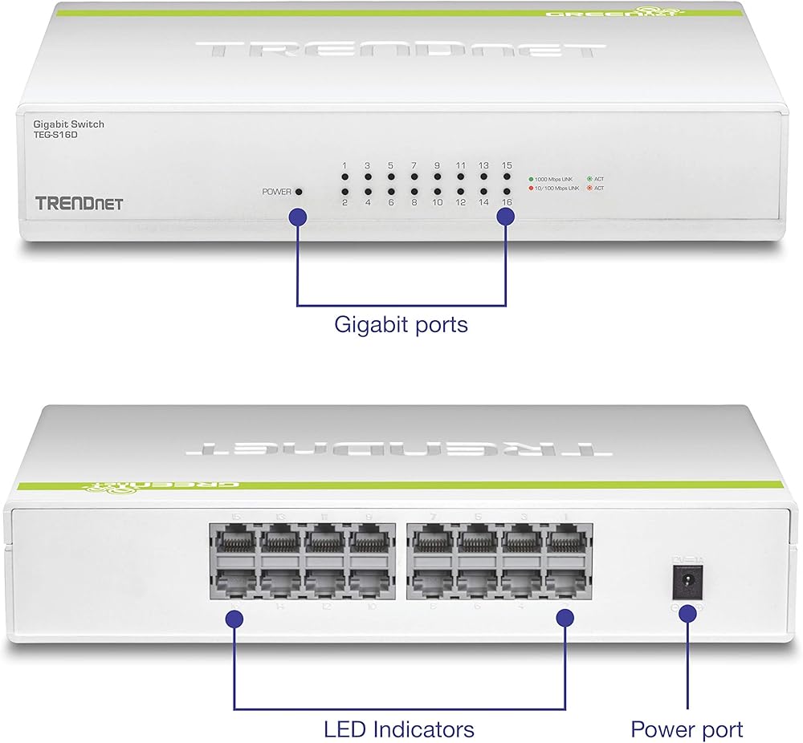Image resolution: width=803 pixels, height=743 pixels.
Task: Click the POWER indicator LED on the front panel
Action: click(299, 193)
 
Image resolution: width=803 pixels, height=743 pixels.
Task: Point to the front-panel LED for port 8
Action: click(414, 193)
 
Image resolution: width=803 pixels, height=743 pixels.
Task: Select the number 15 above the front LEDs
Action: click(507, 165)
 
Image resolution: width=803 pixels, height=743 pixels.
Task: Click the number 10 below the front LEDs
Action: click(437, 203)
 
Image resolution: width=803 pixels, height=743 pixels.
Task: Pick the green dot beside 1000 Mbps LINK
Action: click(531, 178)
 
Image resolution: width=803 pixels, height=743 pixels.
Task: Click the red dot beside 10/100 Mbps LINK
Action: click(531, 188)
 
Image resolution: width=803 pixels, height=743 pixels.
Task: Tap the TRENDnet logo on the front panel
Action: click(79, 203)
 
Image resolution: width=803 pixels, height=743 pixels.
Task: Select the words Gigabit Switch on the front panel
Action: click(68, 124)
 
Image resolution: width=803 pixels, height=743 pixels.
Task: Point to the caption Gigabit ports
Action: click(401, 325)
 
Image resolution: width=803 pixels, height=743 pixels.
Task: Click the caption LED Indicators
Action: click(399, 729)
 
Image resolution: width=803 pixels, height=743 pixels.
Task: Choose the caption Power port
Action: click(687, 729)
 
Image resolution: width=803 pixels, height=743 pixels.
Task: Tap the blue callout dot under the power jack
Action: click(687, 614)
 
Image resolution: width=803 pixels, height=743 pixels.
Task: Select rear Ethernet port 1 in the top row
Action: click(569, 539)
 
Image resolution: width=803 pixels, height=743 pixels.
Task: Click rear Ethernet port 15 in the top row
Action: click(233, 539)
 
